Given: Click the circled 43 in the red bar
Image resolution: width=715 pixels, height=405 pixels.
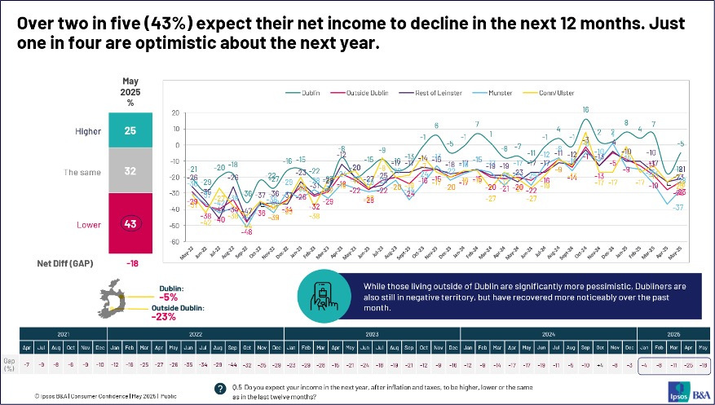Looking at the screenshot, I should click(x=130, y=222).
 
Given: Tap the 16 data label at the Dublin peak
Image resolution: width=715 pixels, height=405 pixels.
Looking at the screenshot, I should click(x=585, y=110).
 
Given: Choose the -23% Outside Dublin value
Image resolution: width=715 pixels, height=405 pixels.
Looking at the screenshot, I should click(x=166, y=318).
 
